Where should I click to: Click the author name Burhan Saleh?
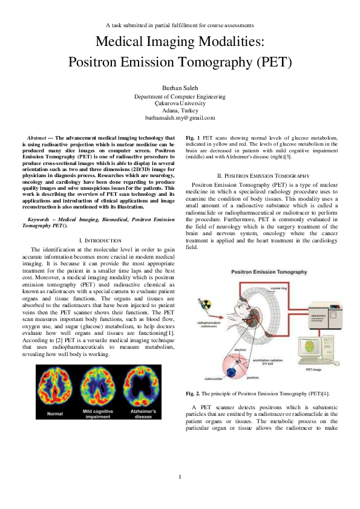[180, 88]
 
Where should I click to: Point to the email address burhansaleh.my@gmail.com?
[180, 118]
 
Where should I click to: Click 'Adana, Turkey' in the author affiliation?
[180, 111]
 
